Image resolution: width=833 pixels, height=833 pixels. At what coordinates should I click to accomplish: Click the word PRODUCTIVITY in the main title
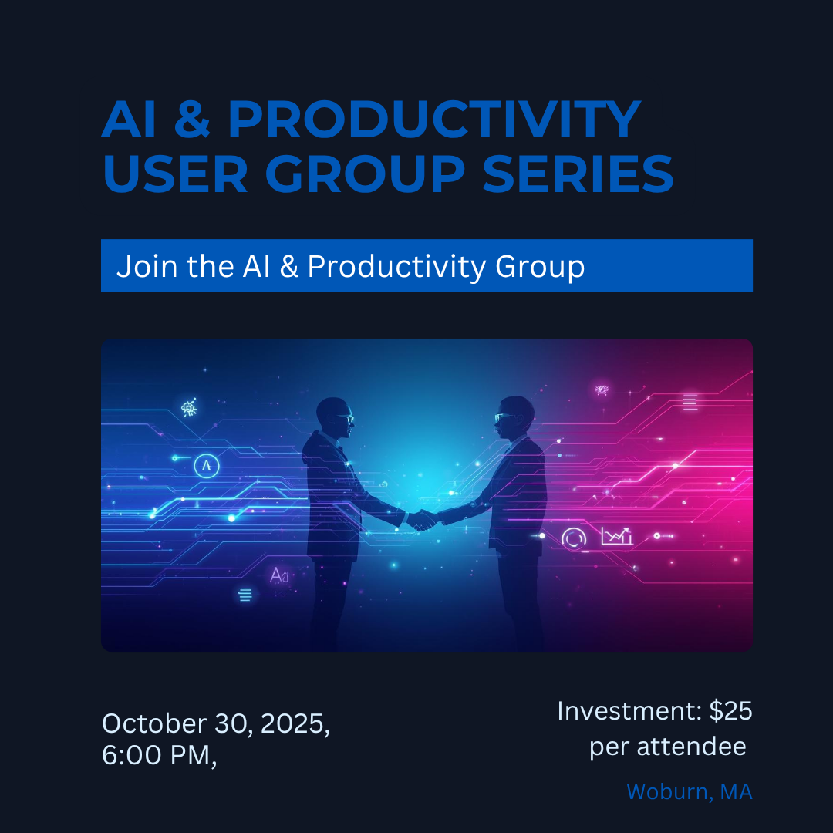pos(433,119)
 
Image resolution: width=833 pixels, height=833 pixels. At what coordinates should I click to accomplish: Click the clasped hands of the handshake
pos(421,521)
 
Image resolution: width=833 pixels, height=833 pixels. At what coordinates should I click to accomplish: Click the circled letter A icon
pos(206,465)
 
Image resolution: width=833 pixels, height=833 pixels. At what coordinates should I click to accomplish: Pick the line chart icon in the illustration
pos(616,535)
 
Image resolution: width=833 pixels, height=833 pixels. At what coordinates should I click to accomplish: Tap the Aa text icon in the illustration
pos(278,575)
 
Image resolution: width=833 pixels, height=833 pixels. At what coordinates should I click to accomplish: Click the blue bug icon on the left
pos(189,408)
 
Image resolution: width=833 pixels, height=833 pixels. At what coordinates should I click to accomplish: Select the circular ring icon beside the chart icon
pos(574,538)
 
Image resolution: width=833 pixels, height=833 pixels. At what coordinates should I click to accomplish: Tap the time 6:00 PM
pos(158,755)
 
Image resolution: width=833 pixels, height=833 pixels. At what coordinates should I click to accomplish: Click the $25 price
pos(731,710)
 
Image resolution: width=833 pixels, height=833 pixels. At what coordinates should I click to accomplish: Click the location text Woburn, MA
pos(689,791)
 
